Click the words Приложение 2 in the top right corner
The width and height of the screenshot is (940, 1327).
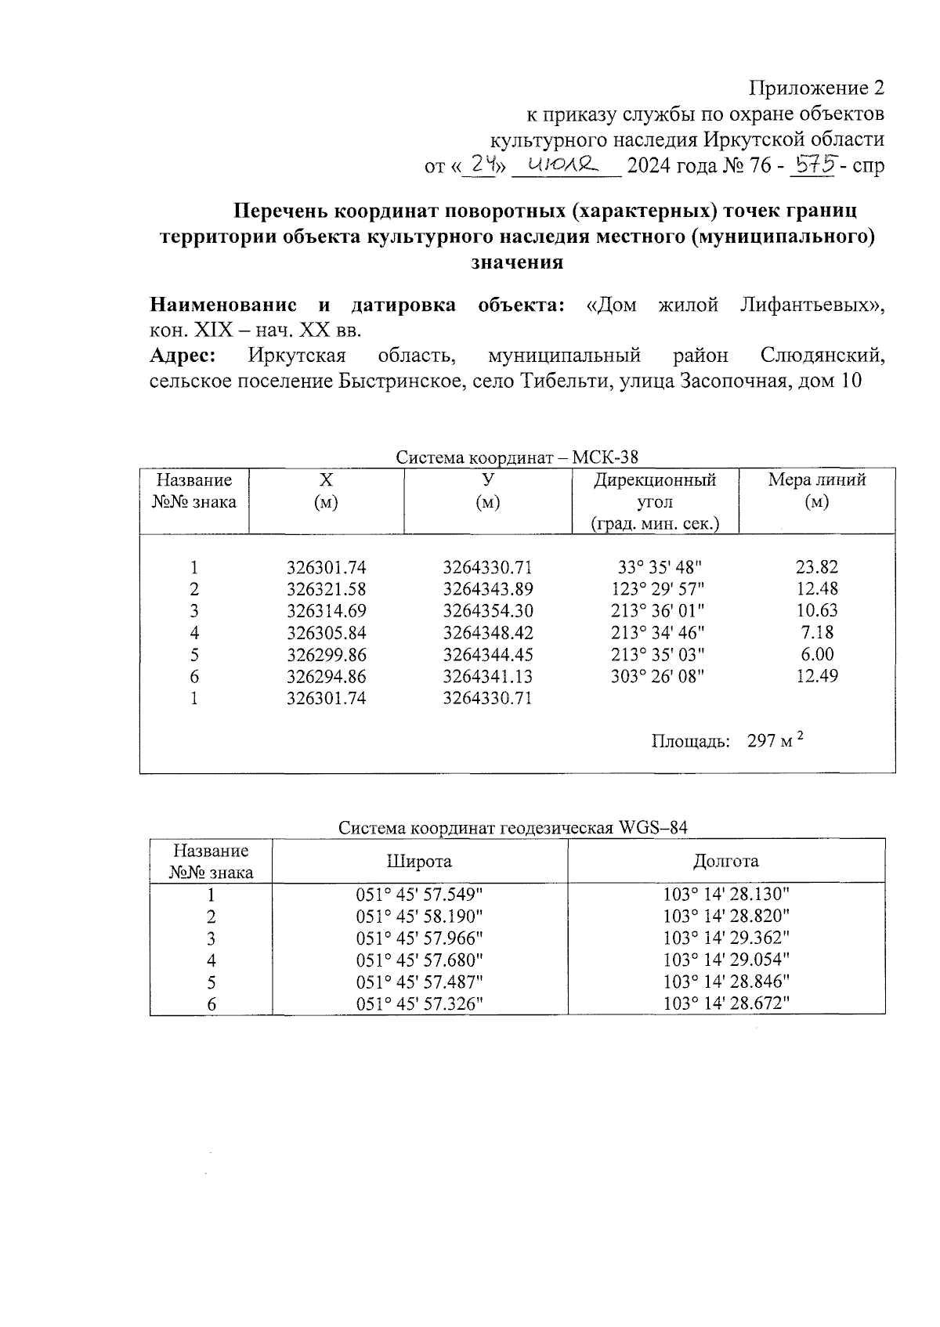[817, 88]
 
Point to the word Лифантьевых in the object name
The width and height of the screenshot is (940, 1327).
[812, 305]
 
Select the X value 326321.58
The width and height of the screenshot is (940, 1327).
[326, 589]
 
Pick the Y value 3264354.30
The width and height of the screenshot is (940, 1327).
[487, 611]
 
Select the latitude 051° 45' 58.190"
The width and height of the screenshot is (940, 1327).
[419, 916]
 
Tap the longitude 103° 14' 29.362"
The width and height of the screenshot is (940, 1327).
[726, 938]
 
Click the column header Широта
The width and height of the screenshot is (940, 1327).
[419, 861]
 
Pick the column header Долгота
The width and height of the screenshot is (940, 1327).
[725, 861]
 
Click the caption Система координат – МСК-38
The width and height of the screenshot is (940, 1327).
[517, 457]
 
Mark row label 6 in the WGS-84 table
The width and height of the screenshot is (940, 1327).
[211, 1004]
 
